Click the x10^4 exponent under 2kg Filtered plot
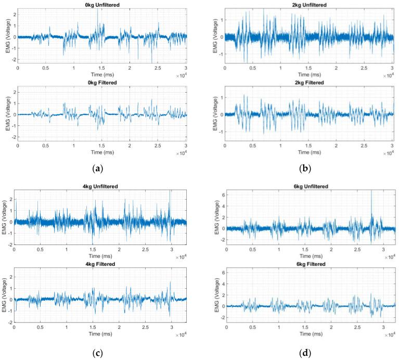pyautogui.click(x=388, y=153)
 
